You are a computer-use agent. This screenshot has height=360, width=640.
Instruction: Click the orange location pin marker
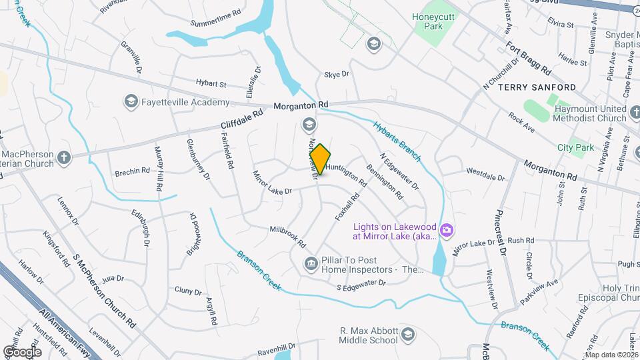(x=321, y=159)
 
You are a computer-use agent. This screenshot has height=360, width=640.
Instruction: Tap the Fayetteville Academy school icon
(x=131, y=102)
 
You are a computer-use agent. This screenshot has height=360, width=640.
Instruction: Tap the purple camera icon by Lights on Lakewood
(x=447, y=231)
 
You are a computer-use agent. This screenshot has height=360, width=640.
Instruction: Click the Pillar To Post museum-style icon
(x=311, y=265)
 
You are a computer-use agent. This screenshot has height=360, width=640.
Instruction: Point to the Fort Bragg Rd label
(x=529, y=59)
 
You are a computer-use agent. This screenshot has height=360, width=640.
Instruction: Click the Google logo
(x=22, y=351)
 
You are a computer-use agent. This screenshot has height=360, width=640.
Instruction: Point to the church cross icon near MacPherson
(x=63, y=158)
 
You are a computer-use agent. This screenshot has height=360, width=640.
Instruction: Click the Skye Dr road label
(x=337, y=75)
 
